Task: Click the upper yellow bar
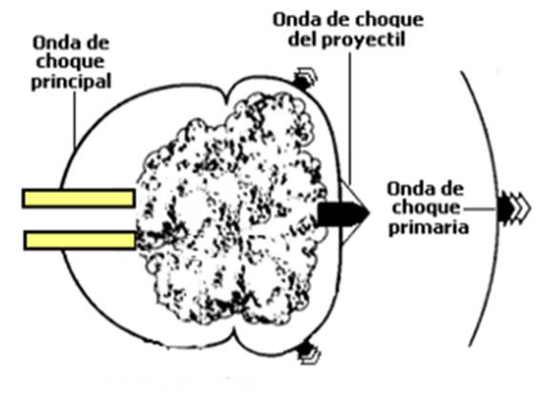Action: click(78, 199)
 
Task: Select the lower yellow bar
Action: click(79, 241)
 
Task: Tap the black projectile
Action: click(343, 214)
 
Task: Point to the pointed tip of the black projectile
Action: click(369, 214)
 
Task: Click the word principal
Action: click(72, 82)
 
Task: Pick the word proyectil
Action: click(363, 40)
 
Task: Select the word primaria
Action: click(428, 227)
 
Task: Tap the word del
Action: click(302, 39)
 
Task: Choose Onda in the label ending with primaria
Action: click(406, 189)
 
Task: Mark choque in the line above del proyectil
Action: click(388, 21)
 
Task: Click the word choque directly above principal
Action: click(71, 62)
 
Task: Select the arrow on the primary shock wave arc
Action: click(514, 209)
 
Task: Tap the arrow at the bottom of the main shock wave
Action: click(308, 352)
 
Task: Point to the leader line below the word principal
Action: click(74, 119)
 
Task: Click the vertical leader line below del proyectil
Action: click(350, 117)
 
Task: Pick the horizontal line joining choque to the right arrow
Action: click(480, 209)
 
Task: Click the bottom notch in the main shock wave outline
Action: click(235, 331)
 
